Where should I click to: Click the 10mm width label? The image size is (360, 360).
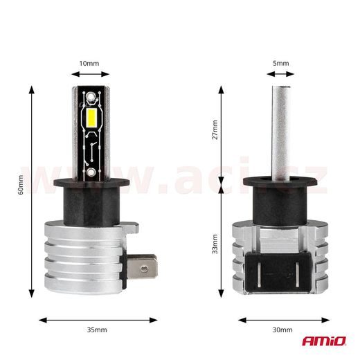click(89, 63)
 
